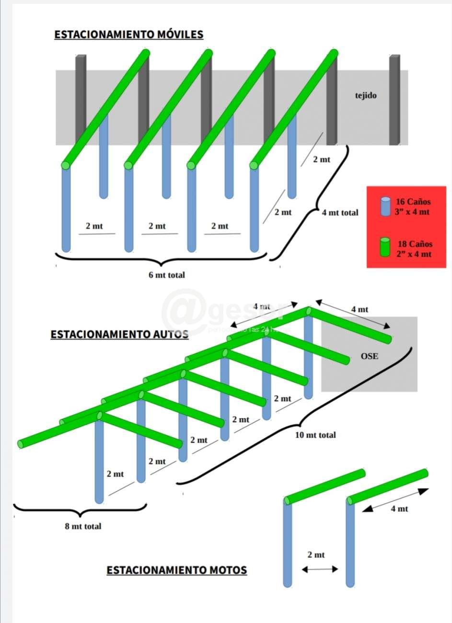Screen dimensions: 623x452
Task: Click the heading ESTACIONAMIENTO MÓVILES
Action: (x=128, y=35)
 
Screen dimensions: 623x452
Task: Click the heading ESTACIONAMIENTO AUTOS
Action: (x=119, y=334)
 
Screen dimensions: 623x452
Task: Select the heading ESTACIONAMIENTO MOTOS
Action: (x=176, y=570)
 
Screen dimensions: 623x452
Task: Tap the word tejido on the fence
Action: (x=366, y=95)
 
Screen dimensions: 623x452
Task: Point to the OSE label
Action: (x=369, y=356)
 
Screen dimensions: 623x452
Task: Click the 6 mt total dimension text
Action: (x=166, y=275)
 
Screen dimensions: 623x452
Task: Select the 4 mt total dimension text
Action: (x=340, y=212)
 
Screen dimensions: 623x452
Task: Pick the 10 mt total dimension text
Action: (x=315, y=435)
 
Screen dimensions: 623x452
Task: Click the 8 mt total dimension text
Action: (x=83, y=526)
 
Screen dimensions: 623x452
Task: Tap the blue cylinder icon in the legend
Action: (x=385, y=206)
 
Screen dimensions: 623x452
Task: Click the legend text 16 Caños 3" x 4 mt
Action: (x=413, y=207)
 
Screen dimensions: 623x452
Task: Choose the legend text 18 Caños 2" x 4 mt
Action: (x=414, y=249)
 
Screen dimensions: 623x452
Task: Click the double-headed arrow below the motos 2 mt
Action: (x=320, y=569)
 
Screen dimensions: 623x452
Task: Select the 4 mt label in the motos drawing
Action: (x=399, y=508)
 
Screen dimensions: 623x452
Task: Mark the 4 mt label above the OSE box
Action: (x=359, y=310)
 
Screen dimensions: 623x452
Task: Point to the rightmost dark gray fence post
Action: (x=394, y=100)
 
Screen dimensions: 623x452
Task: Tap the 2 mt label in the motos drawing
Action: (x=316, y=554)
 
